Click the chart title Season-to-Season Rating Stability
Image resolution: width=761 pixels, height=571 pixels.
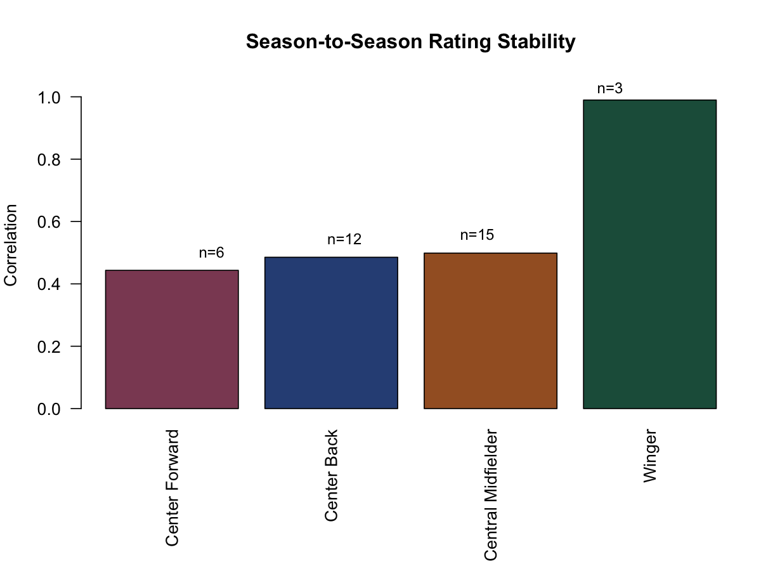point(410,42)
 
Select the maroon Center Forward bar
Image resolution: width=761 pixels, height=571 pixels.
point(172,339)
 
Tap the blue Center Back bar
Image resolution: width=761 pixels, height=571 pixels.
point(331,332)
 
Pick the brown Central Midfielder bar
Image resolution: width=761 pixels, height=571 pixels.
point(490,331)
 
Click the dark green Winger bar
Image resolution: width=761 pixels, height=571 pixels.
point(649,254)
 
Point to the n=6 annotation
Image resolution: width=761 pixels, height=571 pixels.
point(211,253)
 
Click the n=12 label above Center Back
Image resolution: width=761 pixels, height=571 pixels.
point(344,240)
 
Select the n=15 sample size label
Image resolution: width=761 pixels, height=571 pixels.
point(476,235)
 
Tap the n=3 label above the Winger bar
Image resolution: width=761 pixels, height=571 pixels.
point(609,88)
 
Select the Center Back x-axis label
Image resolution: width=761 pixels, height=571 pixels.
point(332,476)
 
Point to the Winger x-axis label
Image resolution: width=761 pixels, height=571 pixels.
point(650,457)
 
